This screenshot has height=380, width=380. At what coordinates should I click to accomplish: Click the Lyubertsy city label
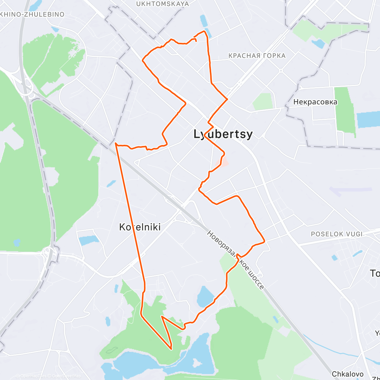pos(223,134)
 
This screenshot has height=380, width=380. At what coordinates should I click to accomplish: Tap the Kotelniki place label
pos(140,227)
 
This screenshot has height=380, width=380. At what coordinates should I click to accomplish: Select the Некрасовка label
pos(315,102)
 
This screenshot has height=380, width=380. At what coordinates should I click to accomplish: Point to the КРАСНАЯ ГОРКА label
pos(257,56)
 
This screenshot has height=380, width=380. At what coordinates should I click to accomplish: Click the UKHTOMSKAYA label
pos(162,4)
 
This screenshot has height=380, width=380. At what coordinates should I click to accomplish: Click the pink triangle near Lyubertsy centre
pos(224,162)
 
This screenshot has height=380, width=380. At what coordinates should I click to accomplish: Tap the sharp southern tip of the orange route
pos(171,349)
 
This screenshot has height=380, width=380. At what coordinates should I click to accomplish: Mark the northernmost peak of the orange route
pos(204,31)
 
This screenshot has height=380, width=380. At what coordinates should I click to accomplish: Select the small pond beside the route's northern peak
pos(203,21)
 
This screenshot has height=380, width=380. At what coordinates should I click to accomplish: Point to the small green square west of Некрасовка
pos(263,101)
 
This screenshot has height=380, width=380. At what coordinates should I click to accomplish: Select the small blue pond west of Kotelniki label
pos(89,240)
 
